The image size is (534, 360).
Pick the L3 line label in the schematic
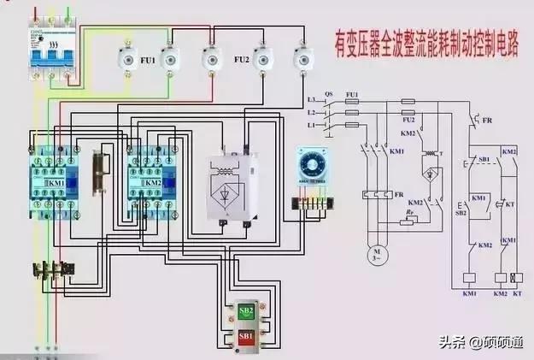pyautogui.click(x=310, y=102)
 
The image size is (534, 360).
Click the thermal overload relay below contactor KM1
pyautogui.click(x=51, y=271)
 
